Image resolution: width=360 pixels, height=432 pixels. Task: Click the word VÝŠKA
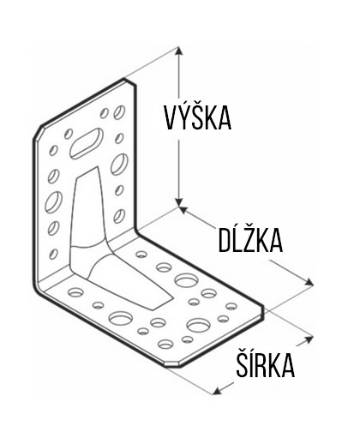[198, 116]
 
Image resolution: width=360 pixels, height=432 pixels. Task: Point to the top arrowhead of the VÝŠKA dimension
[179, 51]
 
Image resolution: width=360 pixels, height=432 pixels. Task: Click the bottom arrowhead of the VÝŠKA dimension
[179, 201]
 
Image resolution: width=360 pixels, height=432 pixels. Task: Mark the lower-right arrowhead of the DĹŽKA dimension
[309, 282]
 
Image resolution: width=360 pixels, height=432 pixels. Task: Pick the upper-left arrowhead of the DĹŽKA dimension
[183, 210]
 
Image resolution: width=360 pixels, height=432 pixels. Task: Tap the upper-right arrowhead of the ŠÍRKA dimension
[309, 339]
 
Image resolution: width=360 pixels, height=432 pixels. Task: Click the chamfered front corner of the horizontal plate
[172, 365]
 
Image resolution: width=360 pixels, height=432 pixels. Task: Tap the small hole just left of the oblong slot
[69, 134]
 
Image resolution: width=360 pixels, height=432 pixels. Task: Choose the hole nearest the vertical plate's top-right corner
[119, 112]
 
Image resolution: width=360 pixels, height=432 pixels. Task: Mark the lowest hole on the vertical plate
[53, 254]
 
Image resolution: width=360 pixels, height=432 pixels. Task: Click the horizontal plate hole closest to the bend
[141, 254]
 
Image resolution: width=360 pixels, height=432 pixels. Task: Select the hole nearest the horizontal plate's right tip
[231, 306]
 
